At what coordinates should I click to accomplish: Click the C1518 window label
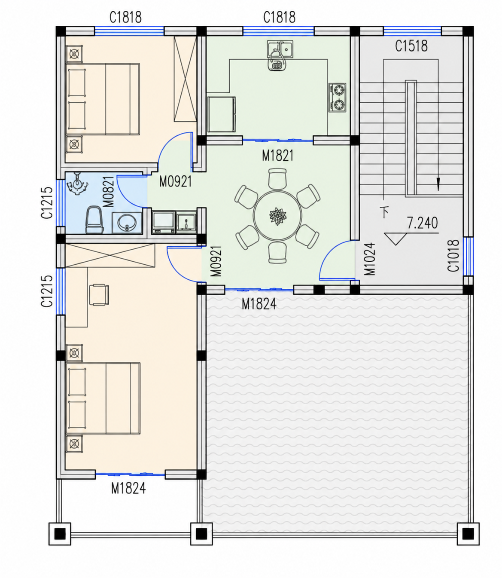point(411,46)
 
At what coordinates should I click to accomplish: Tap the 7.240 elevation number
point(422,223)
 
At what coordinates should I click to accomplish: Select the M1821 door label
point(278,156)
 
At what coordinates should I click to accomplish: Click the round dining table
point(277,216)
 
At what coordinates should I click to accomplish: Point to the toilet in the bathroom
point(94,220)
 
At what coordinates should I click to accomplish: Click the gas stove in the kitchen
point(337,98)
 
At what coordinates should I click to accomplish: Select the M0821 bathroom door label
point(109,192)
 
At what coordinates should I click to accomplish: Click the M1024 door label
point(370,259)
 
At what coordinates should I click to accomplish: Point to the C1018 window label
point(453,256)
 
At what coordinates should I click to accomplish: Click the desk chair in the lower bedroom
point(99,295)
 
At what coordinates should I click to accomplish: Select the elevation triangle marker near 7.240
point(396,239)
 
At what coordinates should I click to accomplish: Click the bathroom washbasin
point(127,223)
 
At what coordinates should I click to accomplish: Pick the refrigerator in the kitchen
point(222,114)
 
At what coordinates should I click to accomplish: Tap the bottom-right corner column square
point(468,534)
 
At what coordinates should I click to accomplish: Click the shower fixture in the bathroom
point(77,183)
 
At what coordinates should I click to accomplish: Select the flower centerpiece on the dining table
point(278,217)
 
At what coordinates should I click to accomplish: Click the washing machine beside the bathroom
point(163,222)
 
